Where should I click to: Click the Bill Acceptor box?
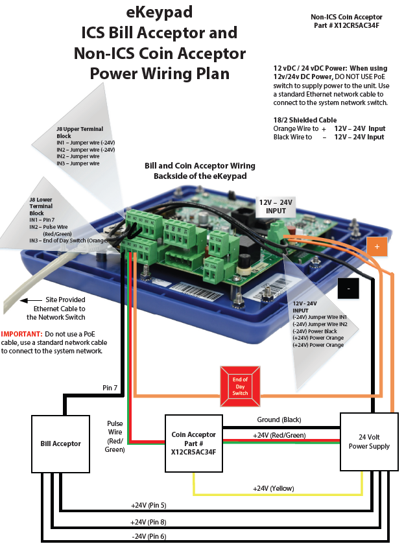coord(58,443)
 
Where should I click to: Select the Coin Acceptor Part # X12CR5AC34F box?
coord(193,443)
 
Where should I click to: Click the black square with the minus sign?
coord(348,287)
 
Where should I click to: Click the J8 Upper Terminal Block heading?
coord(79,129)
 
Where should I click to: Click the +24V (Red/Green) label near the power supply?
coord(279,435)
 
